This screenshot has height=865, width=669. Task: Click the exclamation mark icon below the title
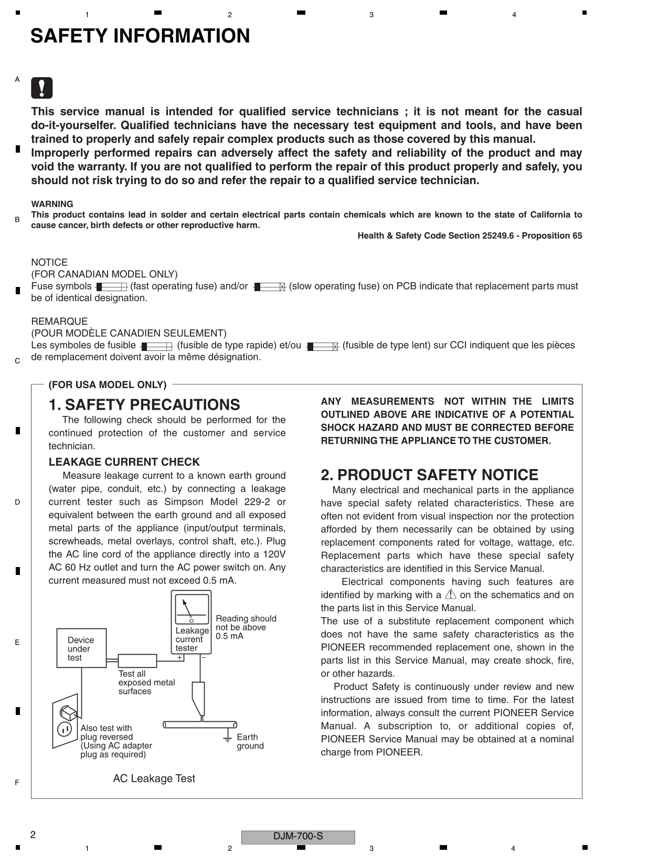coord(42,88)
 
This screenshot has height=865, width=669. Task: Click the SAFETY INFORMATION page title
coord(140,36)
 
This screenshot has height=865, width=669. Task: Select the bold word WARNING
coord(52,204)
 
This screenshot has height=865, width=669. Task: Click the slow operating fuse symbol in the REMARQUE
coord(322,346)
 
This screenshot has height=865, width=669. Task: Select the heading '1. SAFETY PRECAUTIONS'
coord(144,404)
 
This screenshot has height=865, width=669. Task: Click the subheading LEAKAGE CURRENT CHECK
coord(124,462)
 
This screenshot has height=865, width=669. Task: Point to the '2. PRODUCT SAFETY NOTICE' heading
coord(429,475)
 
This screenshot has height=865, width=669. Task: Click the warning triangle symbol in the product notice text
coord(451,594)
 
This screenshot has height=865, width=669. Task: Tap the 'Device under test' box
coord(81,648)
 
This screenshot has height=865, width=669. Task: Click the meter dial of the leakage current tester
coord(192,609)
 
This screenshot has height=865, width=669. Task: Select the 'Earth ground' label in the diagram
coord(250,741)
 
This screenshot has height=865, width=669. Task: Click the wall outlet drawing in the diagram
coord(65,723)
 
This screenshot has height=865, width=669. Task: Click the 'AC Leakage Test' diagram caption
coord(154,778)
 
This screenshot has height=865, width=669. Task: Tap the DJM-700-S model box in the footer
coord(298,836)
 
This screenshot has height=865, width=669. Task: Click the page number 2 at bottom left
coord(33,835)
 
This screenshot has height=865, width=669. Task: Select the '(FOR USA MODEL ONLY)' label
coord(108,385)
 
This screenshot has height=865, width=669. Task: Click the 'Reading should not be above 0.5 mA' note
coord(245,627)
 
